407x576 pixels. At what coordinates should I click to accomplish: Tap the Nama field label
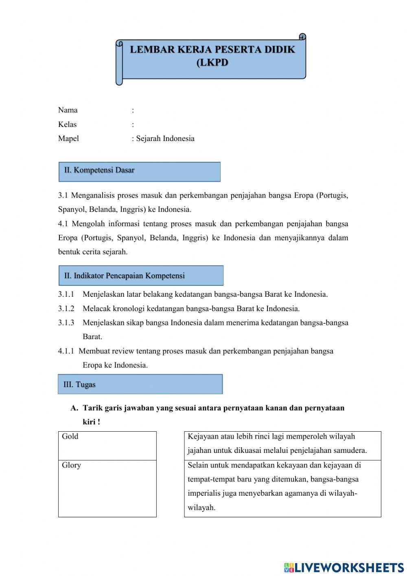[x=68, y=110]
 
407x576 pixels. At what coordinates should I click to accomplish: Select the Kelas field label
[x=67, y=124]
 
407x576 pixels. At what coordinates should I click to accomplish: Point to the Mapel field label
[x=68, y=139]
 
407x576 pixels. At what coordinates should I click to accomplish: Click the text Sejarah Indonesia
[x=165, y=139]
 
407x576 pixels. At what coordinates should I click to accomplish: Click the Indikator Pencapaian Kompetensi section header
[x=140, y=276]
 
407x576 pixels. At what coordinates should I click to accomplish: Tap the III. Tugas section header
[x=140, y=384]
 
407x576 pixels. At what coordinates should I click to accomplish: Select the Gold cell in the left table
[x=107, y=446]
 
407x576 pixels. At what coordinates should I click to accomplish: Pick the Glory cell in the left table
[x=107, y=488]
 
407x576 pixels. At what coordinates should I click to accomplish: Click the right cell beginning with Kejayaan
[x=282, y=446]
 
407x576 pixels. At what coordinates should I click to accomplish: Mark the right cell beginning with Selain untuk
[x=282, y=488]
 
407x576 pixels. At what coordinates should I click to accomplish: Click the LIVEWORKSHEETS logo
[x=344, y=567]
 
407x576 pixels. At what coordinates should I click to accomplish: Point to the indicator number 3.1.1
[x=66, y=294]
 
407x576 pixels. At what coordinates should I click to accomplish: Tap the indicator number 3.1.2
[x=66, y=309]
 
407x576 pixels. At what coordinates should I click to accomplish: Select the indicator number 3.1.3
[x=66, y=323]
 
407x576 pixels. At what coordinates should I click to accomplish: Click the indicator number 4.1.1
[x=66, y=351]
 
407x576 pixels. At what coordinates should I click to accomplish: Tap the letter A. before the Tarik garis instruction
[x=74, y=408]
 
